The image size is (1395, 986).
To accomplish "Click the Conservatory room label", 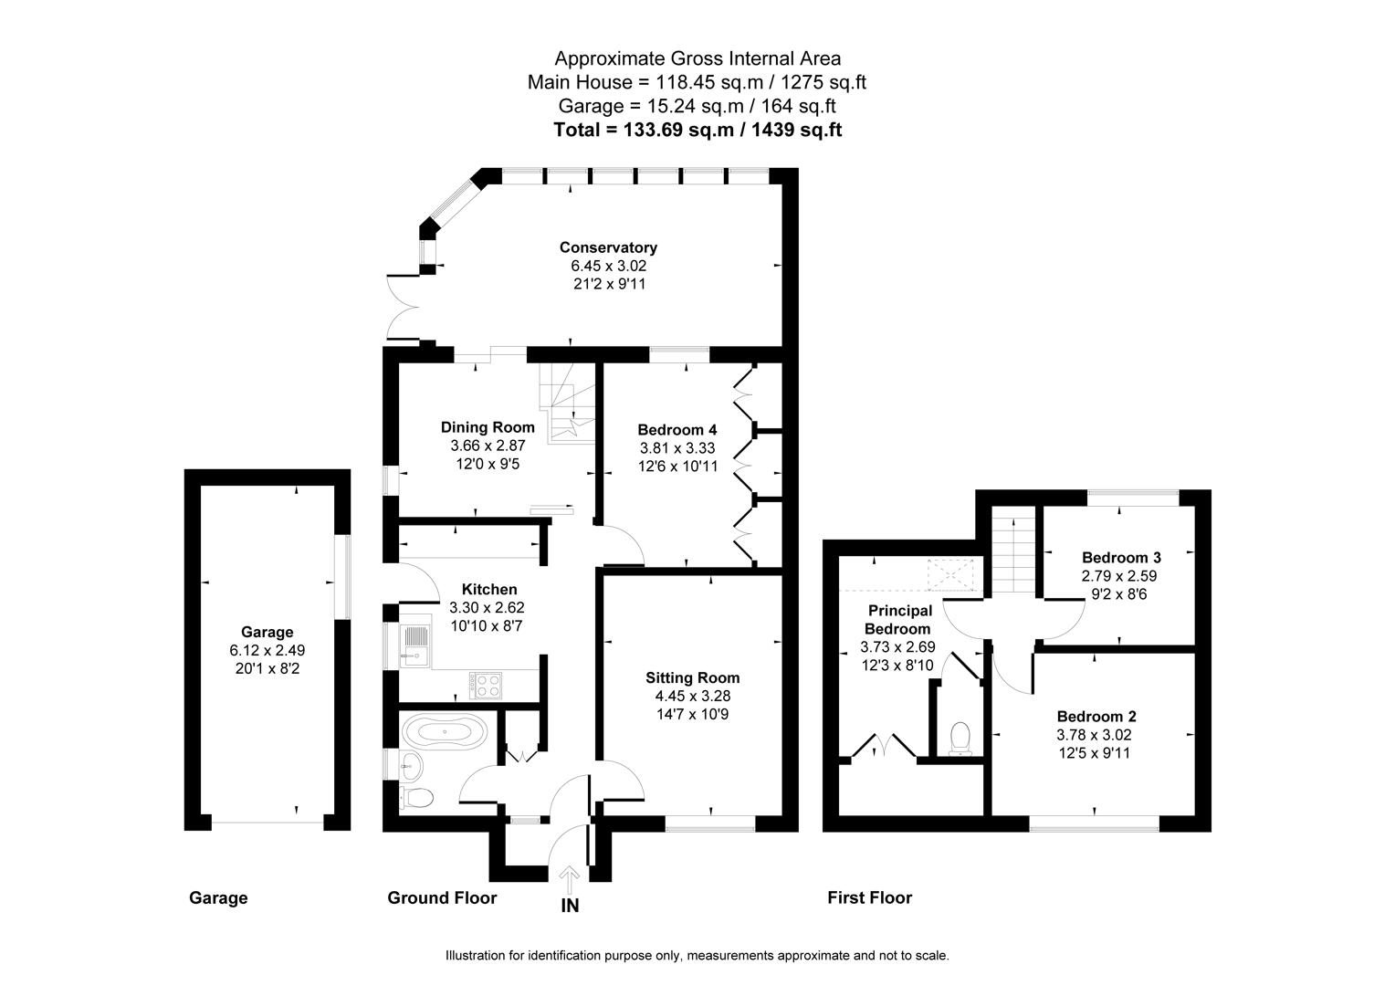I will tap(608, 247).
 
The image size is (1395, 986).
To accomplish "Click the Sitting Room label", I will tap(692, 677).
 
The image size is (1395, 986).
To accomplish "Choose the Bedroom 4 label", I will tap(677, 430).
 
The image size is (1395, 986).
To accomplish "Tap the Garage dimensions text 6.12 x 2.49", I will tap(267, 650).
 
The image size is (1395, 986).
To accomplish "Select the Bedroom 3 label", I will tap(1120, 558).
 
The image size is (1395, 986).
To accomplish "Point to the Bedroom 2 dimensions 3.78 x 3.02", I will tap(1096, 735).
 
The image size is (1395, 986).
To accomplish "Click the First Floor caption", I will tap(869, 897).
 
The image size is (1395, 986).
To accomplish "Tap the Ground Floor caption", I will tap(442, 897).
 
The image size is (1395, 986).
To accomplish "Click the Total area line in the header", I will tap(697, 130).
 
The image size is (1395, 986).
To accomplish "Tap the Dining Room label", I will tap(488, 427).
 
